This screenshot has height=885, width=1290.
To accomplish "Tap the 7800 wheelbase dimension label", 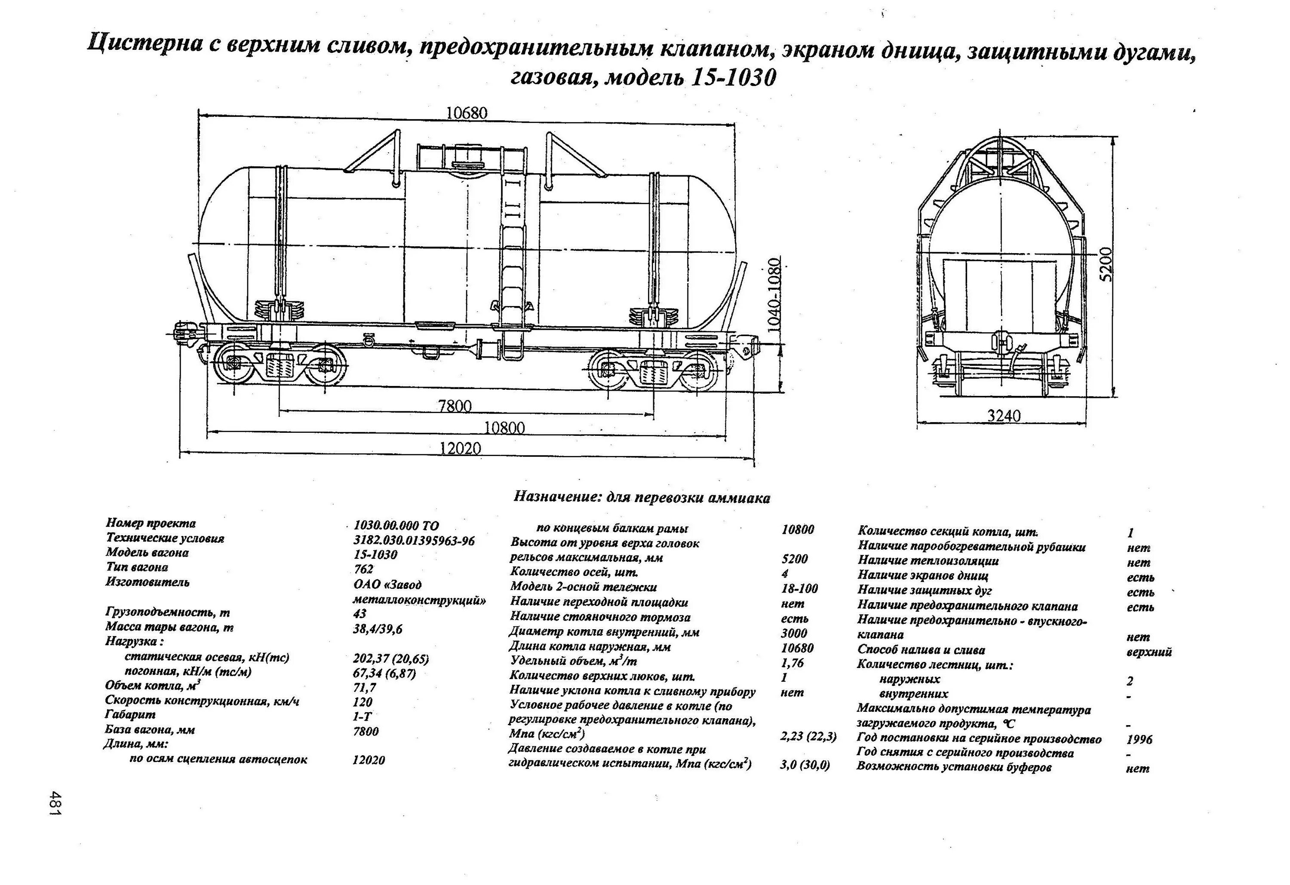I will click(x=454, y=406).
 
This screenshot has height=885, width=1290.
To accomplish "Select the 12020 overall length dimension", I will click(x=460, y=448).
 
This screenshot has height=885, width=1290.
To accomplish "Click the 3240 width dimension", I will click(x=1003, y=416).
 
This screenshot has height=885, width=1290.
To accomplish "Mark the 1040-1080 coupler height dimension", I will click(x=774, y=295).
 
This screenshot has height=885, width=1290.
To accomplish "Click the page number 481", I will click(x=55, y=803).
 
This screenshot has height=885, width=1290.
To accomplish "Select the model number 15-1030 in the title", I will click(x=733, y=78).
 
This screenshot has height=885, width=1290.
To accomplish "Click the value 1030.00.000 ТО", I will click(x=396, y=525).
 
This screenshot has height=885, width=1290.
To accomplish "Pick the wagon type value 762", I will click(x=364, y=569).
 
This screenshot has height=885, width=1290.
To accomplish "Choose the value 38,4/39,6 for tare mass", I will click(x=378, y=629).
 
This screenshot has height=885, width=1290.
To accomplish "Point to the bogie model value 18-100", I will click(x=799, y=588).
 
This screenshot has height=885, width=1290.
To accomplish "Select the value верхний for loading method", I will click(x=1149, y=652).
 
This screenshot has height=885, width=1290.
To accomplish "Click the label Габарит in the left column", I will click(x=130, y=715).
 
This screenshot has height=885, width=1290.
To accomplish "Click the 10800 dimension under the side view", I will click(x=504, y=428).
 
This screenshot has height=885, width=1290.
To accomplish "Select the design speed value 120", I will click(x=362, y=702).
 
